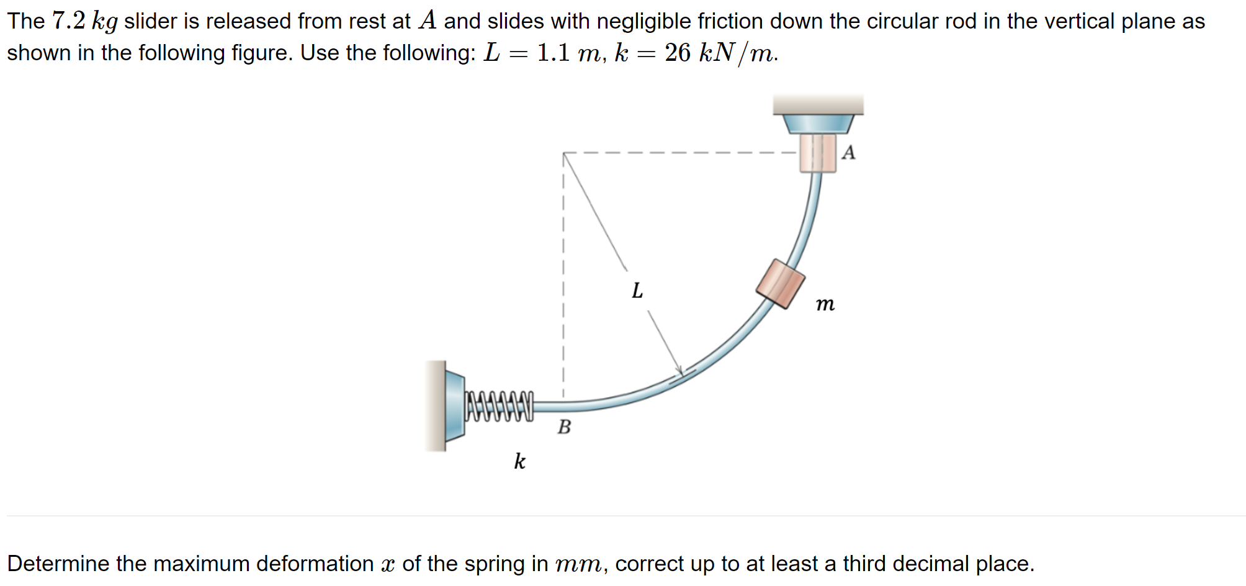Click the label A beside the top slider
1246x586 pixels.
coord(848,153)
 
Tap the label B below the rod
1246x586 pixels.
coord(564,427)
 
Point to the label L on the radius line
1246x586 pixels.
coord(637,291)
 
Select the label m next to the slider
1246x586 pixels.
coord(825,304)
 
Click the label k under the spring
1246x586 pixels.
coord(519,461)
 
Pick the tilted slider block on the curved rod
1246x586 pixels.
coord(781,284)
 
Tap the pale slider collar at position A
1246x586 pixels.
coord(818,153)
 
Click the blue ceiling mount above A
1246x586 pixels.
coord(818,123)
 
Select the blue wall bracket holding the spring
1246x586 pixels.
coord(454,406)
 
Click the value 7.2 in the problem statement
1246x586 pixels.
coord(69,21)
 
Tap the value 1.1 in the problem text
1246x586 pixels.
coord(553,53)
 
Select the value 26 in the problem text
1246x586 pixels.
coord(678,53)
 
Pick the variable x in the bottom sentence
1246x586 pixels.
coord(388,564)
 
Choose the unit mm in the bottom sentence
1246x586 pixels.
coord(577,564)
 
